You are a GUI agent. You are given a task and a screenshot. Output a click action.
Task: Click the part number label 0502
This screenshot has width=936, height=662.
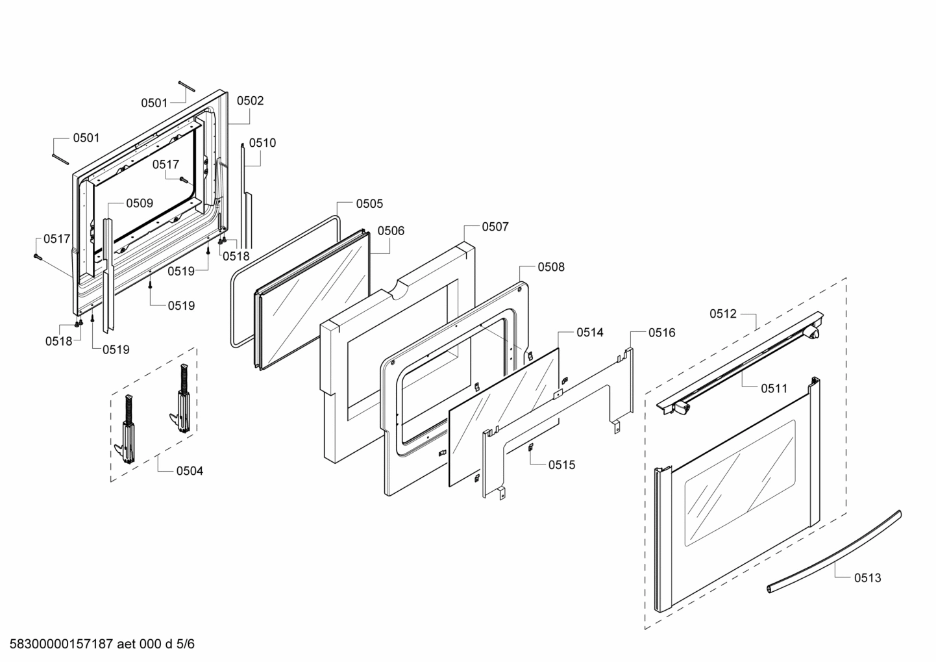pyautogui.click(x=250, y=101)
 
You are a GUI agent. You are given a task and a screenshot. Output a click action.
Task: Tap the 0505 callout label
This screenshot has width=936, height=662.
pyautogui.click(x=369, y=203)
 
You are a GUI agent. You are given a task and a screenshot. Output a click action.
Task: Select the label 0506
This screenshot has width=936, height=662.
pyautogui.click(x=391, y=231)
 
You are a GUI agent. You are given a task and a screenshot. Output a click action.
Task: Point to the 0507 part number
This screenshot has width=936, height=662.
pyautogui.click(x=495, y=227)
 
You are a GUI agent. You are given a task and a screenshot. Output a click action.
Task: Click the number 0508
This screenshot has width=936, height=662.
pyautogui.click(x=551, y=267)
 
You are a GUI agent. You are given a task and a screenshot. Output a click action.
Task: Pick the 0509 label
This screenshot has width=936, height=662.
pyautogui.click(x=140, y=203)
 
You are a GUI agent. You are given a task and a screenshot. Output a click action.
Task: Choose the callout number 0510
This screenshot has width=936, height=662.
pyautogui.click(x=262, y=143)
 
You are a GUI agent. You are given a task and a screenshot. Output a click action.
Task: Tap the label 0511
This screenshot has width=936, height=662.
pyautogui.click(x=774, y=388)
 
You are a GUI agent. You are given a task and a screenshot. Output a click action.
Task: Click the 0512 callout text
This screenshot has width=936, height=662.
pyautogui.click(x=723, y=314)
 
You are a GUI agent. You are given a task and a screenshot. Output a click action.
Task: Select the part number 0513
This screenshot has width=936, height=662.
pyautogui.click(x=867, y=578)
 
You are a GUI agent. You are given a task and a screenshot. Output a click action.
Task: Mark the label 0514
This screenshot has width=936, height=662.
pyautogui.click(x=590, y=333)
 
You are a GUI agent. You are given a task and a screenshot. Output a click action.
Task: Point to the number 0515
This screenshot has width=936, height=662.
pyautogui.click(x=561, y=465)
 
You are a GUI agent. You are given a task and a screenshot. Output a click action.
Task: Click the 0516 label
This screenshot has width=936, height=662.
pyautogui.click(x=661, y=333)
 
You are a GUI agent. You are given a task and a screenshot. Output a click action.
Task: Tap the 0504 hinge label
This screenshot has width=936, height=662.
pyautogui.click(x=190, y=470)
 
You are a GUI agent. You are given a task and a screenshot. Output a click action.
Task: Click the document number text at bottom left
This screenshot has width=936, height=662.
pyautogui.click(x=98, y=644)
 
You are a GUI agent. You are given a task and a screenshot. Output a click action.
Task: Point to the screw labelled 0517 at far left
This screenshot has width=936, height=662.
pyautogui.click(x=37, y=257)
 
